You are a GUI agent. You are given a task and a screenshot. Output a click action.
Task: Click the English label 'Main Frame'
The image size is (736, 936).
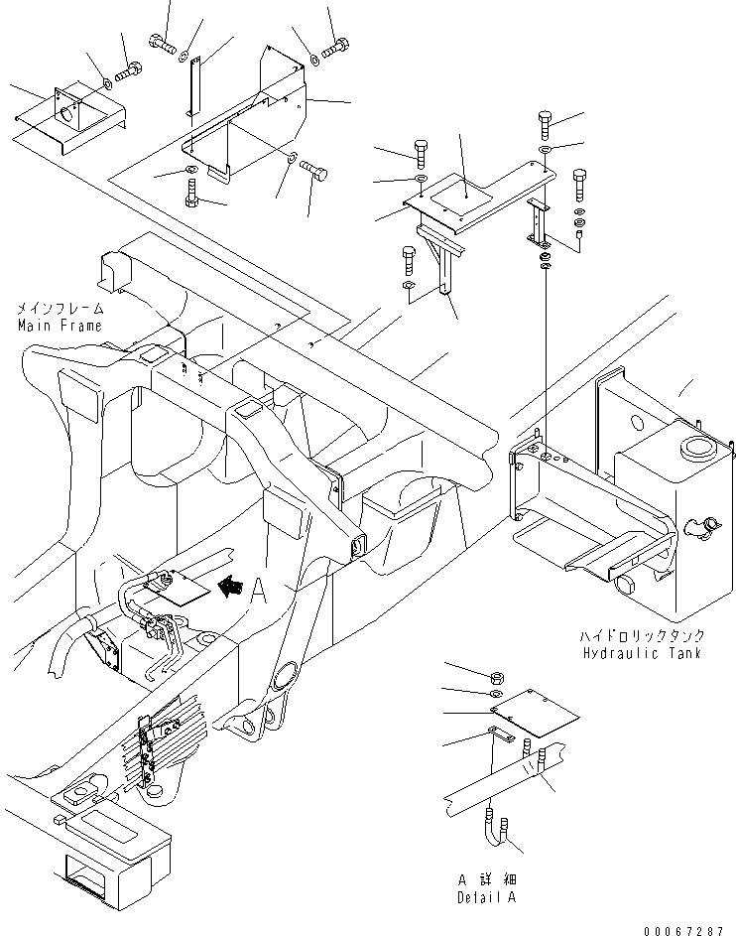pyautogui.click(x=59, y=326)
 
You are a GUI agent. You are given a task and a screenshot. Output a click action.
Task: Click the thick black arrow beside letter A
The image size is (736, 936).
pyautogui.click(x=230, y=589)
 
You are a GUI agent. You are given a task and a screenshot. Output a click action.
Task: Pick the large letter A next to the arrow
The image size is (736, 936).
pyautogui.click(x=260, y=591)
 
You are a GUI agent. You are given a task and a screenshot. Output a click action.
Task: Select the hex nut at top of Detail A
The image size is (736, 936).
pyautogui.click(x=500, y=677)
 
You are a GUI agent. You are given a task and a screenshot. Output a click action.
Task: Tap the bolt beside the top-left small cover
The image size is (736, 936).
pyautogui.click(x=129, y=71)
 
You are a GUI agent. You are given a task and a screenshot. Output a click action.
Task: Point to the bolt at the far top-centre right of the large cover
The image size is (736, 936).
pyautogui.click(x=337, y=45)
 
